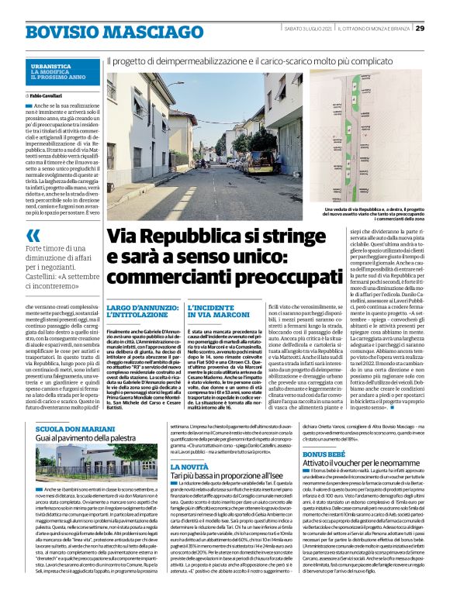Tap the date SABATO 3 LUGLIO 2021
[307, 29]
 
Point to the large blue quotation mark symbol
[33, 236]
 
